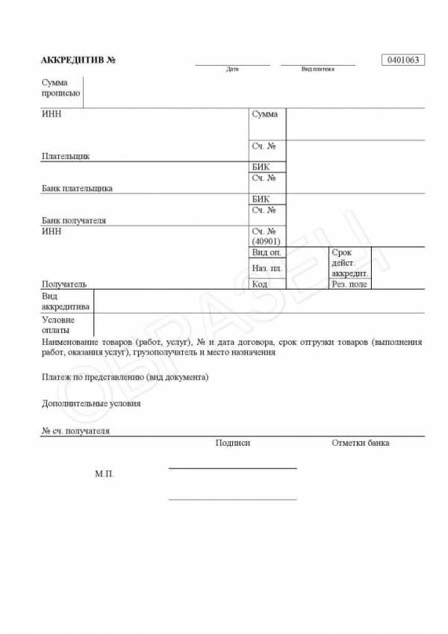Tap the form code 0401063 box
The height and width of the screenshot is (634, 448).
click(403, 60)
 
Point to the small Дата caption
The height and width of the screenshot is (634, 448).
click(232, 69)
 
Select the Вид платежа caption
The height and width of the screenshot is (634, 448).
click(317, 69)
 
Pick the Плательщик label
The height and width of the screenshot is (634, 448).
click(66, 157)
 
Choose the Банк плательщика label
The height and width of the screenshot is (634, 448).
click(78, 188)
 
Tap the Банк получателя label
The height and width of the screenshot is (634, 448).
click(74, 220)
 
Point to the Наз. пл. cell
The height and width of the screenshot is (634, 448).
click(267, 268)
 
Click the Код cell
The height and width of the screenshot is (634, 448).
click(260, 284)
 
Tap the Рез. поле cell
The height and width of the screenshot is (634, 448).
click(349, 284)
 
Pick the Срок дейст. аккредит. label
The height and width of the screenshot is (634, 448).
click(349, 263)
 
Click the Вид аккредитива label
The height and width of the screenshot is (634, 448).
click(66, 301)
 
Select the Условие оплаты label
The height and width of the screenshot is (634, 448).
click(59, 324)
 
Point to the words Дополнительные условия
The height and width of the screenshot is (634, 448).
click(91, 403)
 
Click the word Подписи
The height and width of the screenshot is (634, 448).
click(232, 443)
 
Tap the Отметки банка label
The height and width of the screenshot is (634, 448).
click(360, 443)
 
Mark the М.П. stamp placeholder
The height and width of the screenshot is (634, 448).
click(105, 473)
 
